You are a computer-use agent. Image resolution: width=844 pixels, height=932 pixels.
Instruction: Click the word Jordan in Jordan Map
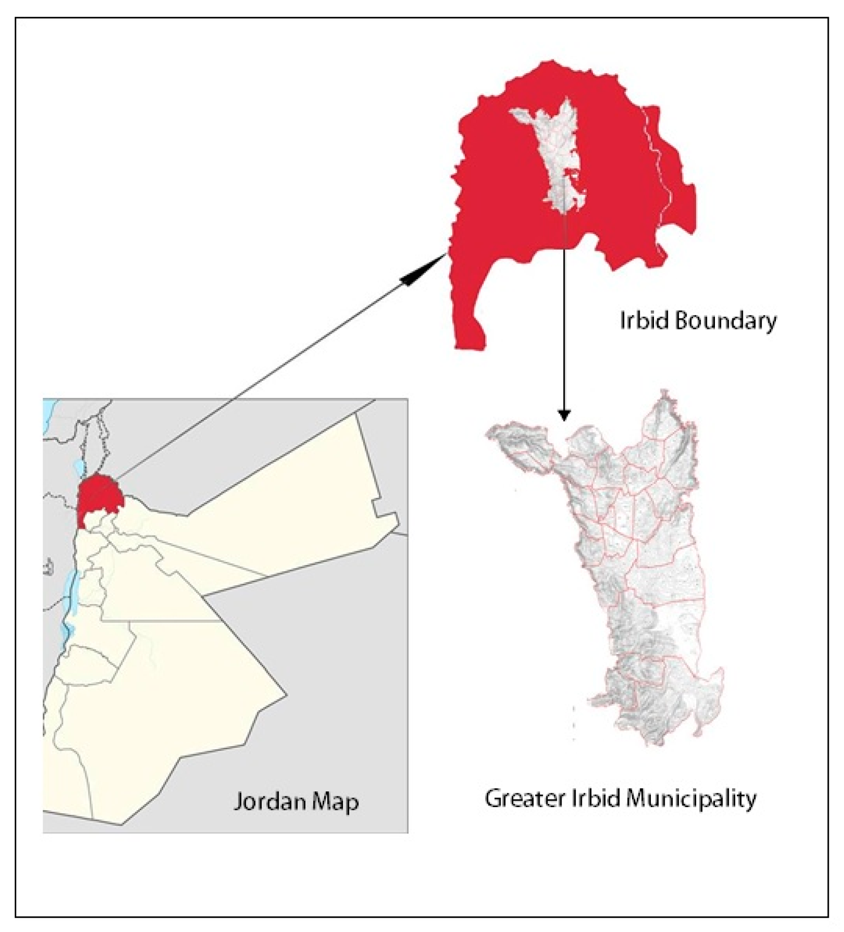click(x=269, y=802)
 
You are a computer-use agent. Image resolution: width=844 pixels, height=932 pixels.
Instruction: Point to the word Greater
click(x=525, y=798)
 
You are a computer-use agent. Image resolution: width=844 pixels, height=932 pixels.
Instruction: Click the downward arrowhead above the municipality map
click(x=564, y=415)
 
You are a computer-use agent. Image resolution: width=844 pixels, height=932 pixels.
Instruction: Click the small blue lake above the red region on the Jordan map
click(x=78, y=467)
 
